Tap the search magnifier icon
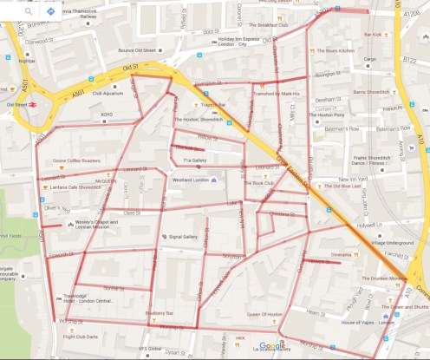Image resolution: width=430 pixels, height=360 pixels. click(x=29, y=12)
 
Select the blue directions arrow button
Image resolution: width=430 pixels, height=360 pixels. click(x=51, y=12)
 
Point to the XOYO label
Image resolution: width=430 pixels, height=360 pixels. click(x=107, y=114)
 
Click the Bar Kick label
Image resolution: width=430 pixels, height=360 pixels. click(x=374, y=35)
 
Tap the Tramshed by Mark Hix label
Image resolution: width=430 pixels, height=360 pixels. click(x=277, y=93)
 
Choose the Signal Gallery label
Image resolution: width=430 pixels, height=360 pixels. click(x=183, y=236)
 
